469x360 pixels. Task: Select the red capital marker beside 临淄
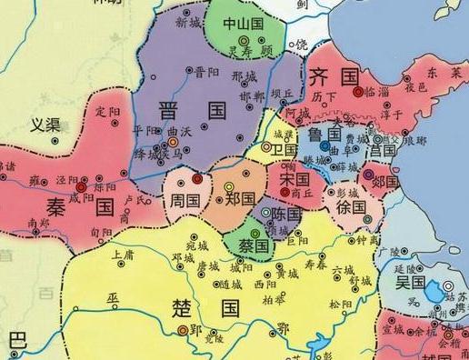(359, 91)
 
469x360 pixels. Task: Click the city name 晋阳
(206, 70)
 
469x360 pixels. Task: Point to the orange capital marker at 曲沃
(173, 143)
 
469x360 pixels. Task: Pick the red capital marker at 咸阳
(80, 185)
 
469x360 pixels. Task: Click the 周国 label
(185, 197)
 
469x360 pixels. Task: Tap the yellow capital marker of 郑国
(229, 186)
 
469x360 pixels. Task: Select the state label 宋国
(290, 181)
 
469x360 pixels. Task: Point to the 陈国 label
(285, 215)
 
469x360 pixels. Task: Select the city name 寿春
(314, 265)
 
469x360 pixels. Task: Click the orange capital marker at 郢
(183, 330)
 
